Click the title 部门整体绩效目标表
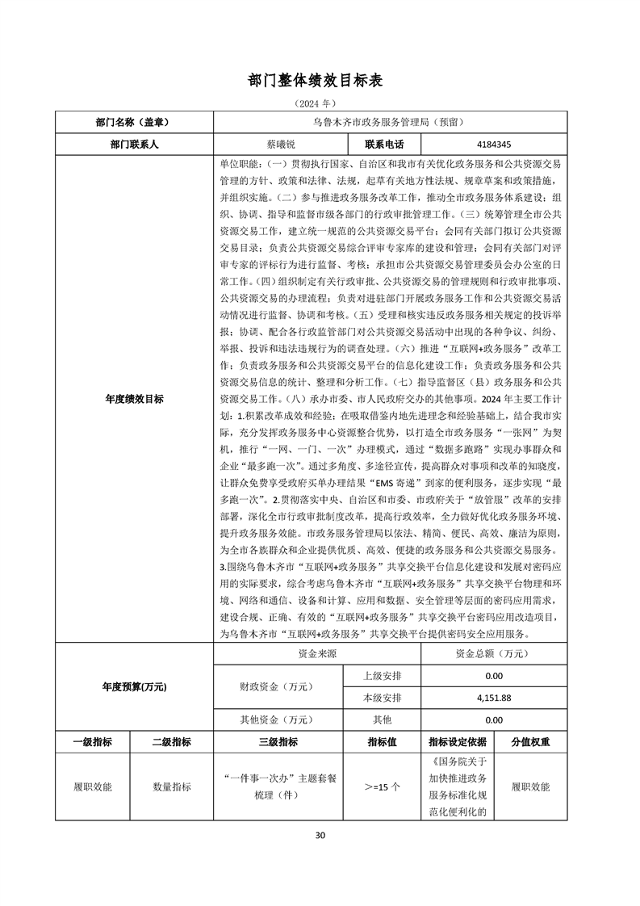(x=320, y=81)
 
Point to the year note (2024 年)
(x=320, y=104)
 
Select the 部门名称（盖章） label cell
(x=134, y=123)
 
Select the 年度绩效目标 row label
(x=134, y=399)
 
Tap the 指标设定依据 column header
(x=457, y=742)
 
